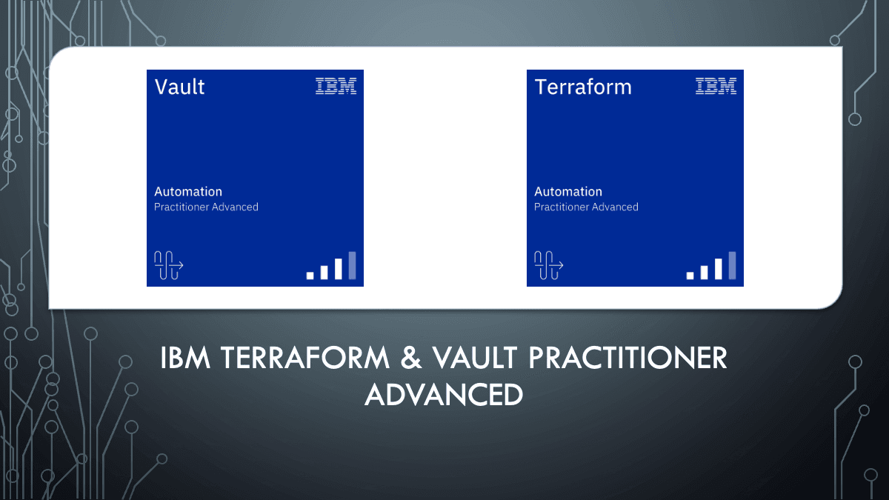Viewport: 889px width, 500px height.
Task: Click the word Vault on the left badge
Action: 179,87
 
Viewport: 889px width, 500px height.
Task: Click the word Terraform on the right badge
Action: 583,87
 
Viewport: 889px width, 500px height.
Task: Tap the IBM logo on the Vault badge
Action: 336,86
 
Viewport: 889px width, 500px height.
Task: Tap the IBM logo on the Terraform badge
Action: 716,86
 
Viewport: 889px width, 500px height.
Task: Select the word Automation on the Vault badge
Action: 188,191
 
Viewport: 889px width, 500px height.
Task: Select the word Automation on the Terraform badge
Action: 568,191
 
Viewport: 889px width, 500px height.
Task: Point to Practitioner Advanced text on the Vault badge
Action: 206,207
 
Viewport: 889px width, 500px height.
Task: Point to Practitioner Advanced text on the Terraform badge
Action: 586,207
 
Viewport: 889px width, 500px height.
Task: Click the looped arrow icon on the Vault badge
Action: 168,265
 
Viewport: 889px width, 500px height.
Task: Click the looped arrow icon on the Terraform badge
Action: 548,265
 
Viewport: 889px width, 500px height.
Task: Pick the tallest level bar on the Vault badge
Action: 353,266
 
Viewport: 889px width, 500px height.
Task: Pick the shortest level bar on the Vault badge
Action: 310,275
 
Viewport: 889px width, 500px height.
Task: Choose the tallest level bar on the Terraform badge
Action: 732,266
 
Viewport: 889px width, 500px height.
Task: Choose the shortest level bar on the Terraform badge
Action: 690,275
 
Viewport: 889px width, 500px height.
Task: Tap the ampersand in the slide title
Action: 413,359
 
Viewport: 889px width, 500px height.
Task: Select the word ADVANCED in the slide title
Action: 444,394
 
